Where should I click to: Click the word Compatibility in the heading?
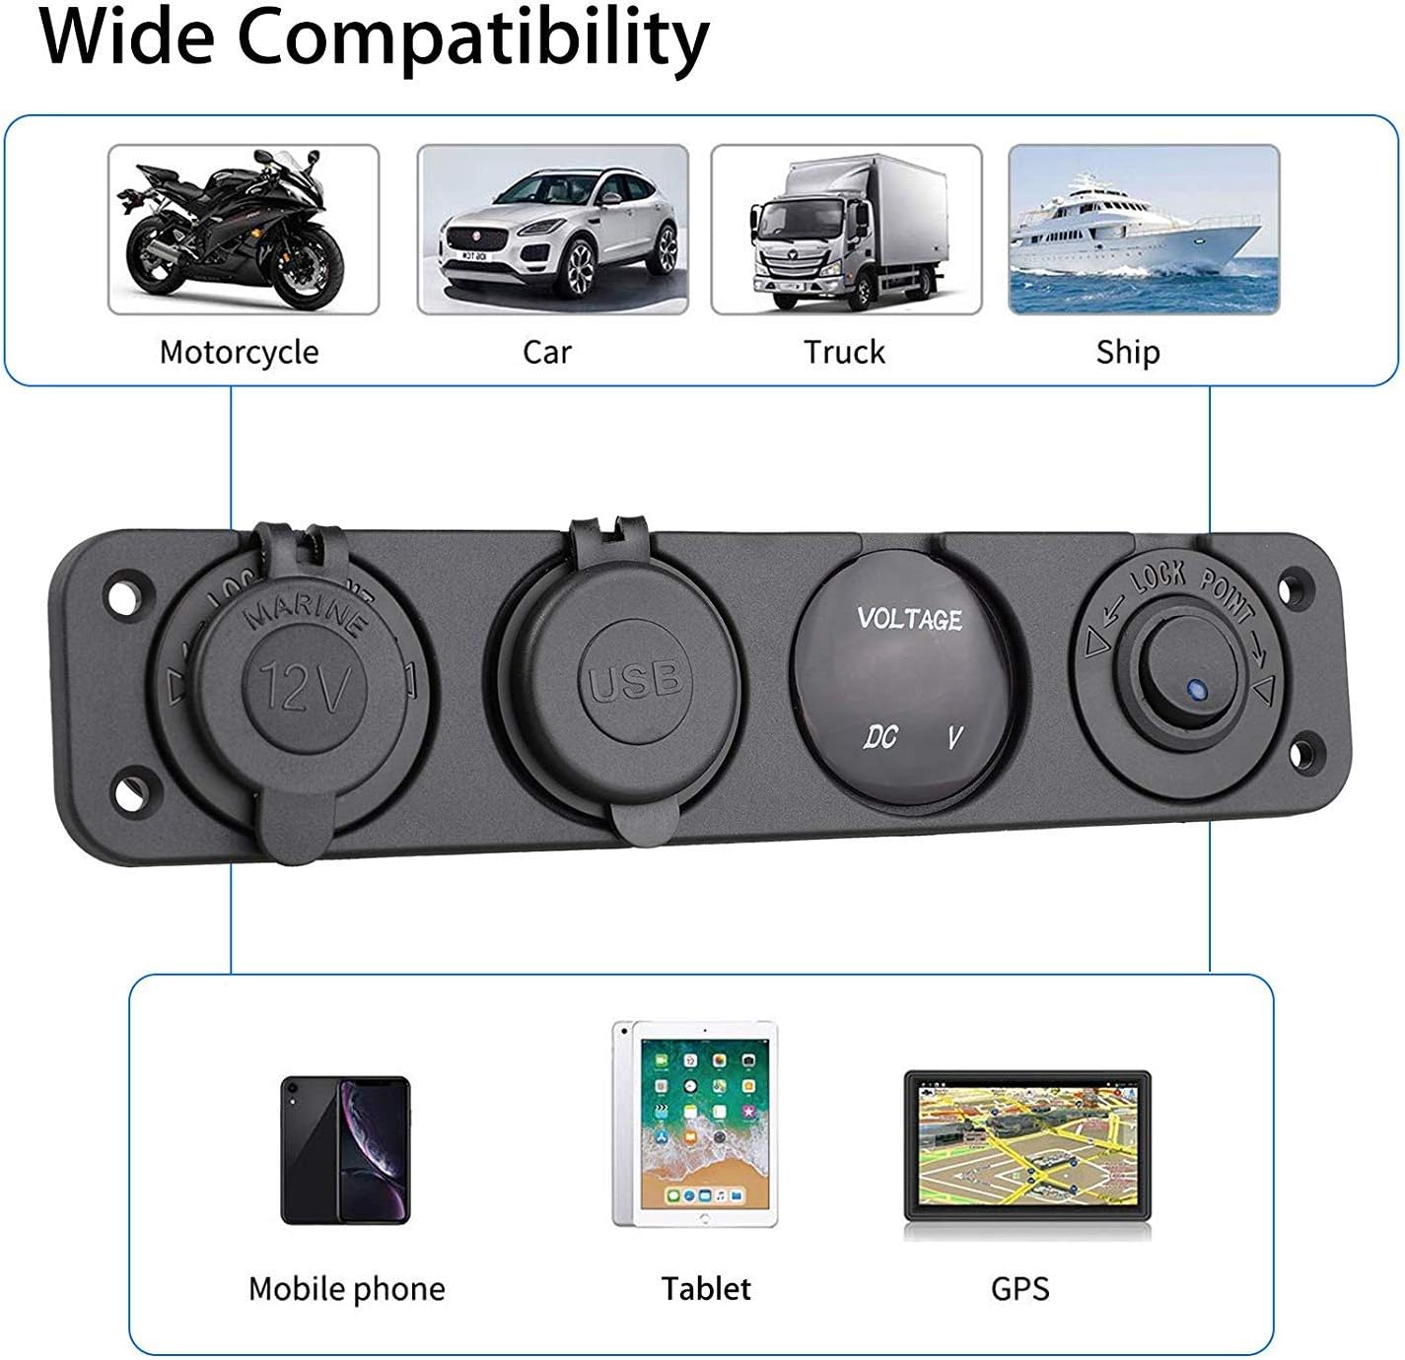click(473, 37)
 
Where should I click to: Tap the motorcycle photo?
click(244, 230)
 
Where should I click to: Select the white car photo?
click(552, 230)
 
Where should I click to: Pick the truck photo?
click(846, 230)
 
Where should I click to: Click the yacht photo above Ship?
click(1144, 230)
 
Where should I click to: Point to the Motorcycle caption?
click(239, 353)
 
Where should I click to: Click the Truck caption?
click(844, 352)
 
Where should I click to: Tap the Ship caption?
click(1128, 353)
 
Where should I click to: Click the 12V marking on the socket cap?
click(306, 687)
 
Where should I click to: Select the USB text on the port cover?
click(635, 680)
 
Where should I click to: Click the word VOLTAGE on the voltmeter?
click(910, 618)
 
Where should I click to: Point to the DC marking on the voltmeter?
click(880, 736)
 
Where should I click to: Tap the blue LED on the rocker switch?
click(1198, 691)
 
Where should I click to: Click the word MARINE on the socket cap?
click(306, 615)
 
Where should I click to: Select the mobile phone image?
click(345, 1150)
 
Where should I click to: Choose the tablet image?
click(694, 1123)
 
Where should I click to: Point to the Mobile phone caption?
click(346, 1289)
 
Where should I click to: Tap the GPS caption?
click(1020, 1288)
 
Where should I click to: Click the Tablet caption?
click(706, 1288)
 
